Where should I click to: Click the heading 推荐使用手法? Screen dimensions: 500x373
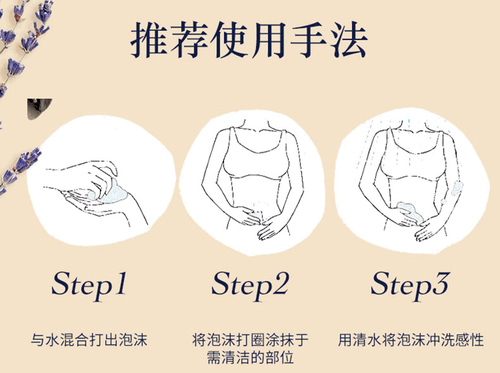(249, 40)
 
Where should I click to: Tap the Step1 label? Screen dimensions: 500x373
(89, 285)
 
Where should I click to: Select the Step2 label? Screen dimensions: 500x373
(251, 285)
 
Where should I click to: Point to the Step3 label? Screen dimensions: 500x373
(410, 285)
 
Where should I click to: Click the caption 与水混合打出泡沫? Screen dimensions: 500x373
(89, 340)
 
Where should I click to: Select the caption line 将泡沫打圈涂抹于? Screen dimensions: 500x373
(251, 340)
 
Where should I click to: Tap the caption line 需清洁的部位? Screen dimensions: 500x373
(251, 358)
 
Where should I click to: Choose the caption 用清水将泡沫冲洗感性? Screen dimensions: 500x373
(411, 340)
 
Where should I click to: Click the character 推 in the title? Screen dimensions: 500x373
(149, 40)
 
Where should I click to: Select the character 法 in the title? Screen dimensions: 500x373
(349, 40)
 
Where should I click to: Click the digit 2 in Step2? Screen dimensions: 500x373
(280, 283)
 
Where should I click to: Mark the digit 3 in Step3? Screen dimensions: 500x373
(441, 283)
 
